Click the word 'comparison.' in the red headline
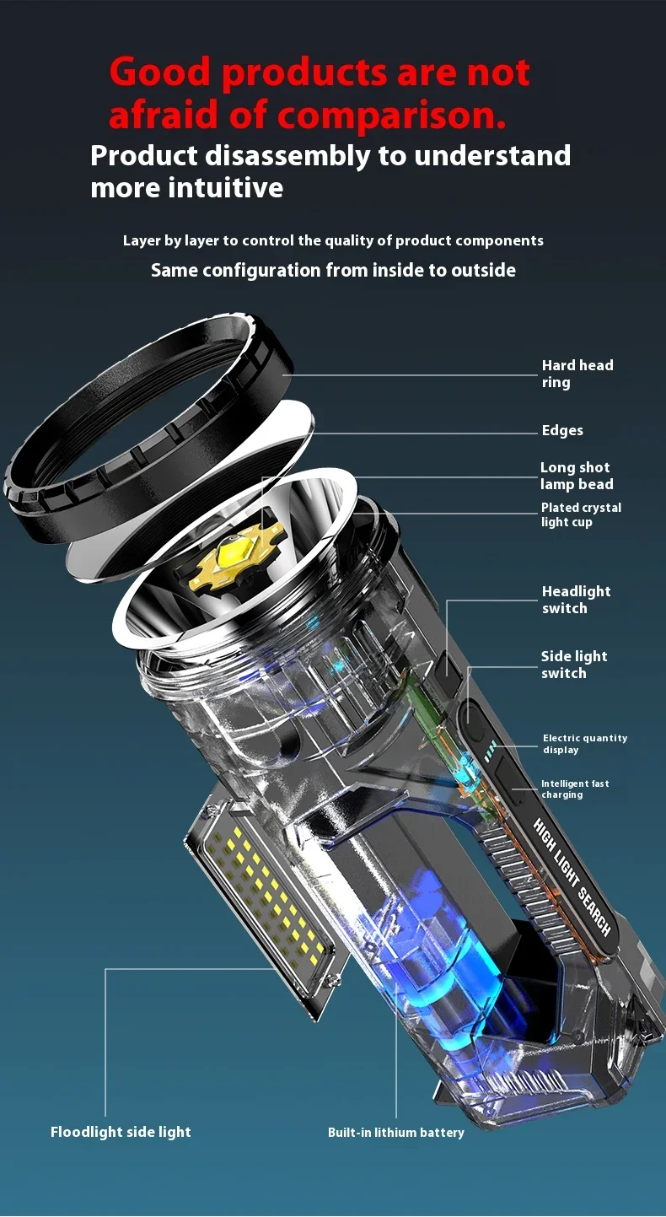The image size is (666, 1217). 391,115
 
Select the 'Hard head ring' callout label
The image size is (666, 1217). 577,374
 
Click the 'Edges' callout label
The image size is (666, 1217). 562,431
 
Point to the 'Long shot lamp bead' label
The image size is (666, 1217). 576,476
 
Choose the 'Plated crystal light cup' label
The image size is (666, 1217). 581,514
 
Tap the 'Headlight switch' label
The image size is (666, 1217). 576,600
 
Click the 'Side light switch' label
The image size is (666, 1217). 573,665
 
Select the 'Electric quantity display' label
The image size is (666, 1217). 584,744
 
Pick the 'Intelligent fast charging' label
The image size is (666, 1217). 575,789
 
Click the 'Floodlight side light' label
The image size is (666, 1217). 121,1132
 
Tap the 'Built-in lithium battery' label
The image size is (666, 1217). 395,1133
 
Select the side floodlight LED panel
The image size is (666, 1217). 261,902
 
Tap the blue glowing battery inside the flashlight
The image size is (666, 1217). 422,936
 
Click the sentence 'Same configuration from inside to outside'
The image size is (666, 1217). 333,271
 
